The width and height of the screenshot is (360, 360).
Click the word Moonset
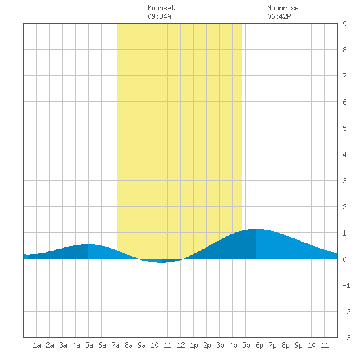[161, 8]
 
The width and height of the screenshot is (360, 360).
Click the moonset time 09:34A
[159, 16]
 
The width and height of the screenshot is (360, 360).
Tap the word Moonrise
[283, 8]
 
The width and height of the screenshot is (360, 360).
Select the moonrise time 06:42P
[279, 16]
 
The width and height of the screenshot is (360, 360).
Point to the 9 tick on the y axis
[344, 24]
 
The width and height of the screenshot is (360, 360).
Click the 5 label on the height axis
[344, 128]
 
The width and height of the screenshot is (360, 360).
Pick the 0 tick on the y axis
[344, 259]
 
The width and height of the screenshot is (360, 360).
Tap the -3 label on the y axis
[346, 338]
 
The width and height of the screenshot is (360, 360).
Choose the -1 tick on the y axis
[346, 285]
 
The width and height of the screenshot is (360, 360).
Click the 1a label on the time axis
[37, 345]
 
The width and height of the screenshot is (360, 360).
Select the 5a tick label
[89, 345]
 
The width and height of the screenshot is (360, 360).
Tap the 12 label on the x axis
[181, 345]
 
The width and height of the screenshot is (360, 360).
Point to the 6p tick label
[259, 345]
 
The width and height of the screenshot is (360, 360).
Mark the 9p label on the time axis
[298, 345]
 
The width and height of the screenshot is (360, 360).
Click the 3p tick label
[220, 345]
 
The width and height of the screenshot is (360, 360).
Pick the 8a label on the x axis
[128, 345]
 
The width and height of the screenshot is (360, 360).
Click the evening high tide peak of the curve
[256, 229]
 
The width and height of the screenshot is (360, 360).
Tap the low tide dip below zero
[162, 262]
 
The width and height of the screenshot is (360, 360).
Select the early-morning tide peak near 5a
[88, 245]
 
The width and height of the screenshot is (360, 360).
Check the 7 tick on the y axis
[344, 76]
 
